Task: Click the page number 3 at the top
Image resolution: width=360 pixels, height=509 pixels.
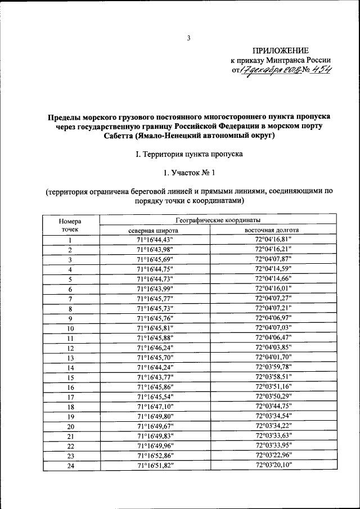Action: pyautogui.click(x=189, y=38)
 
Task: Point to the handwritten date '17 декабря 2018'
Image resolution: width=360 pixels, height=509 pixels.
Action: pyautogui.click(x=267, y=70)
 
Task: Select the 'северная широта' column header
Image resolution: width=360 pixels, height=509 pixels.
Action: pyautogui.click(x=153, y=230)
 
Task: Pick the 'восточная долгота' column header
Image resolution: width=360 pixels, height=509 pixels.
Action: pyautogui.click(x=272, y=230)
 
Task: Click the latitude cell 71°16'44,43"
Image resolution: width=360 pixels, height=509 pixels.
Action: pyautogui.click(x=153, y=240)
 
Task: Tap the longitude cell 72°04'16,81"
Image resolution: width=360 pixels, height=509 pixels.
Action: pyautogui.click(x=273, y=240)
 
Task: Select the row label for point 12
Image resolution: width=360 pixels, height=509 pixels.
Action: pyautogui.click(x=70, y=348)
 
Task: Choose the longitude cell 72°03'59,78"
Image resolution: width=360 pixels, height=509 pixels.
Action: pyautogui.click(x=273, y=367)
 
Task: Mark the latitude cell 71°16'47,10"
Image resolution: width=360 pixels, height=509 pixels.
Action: pyautogui.click(x=153, y=406)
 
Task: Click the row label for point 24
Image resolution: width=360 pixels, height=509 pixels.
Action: pyautogui.click(x=70, y=465)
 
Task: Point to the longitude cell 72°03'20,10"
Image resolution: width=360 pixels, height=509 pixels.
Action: pyautogui.click(x=273, y=465)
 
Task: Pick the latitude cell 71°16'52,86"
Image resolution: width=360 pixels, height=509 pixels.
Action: pyautogui.click(x=153, y=456)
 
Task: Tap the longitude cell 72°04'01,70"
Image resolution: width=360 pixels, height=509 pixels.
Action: pyautogui.click(x=273, y=357)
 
